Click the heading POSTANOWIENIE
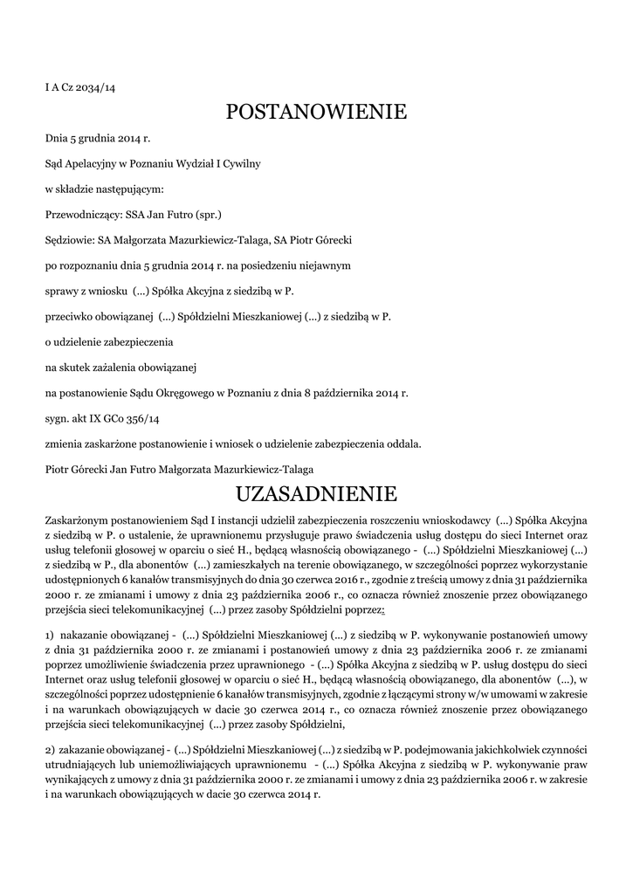[x=316, y=112]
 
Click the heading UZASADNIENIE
[x=316, y=494]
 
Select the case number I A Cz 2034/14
[x=80, y=88]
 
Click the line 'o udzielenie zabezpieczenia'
[x=109, y=342]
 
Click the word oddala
[x=402, y=444]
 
